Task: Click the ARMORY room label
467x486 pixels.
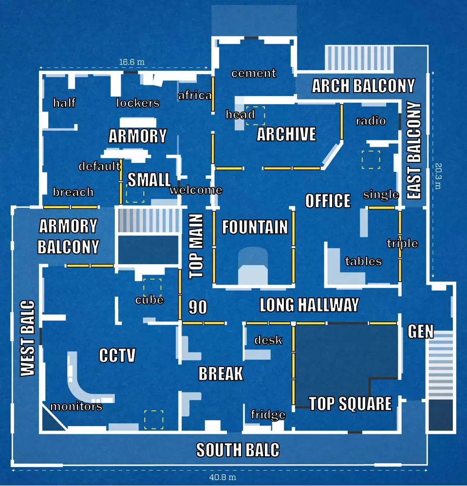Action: coord(138,136)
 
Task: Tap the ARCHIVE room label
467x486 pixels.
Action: coord(286,134)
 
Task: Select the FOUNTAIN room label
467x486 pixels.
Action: coord(255,227)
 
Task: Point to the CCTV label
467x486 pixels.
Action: coord(117,355)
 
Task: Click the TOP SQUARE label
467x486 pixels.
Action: coord(350,404)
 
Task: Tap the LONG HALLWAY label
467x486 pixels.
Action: coord(309,305)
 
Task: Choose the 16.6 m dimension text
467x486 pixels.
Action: coord(132,62)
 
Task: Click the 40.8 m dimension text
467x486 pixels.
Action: coord(223,477)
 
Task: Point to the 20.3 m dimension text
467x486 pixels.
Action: coord(438,176)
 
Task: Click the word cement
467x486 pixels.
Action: coord(254,74)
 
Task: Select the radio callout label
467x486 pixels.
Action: coord(371,120)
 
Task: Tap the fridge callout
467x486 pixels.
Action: coord(268,414)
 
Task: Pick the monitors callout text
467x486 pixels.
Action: coord(76,407)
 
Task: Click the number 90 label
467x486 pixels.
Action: coord(198,307)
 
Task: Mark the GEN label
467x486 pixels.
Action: coord(421,331)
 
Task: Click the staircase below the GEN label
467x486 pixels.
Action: coord(440,365)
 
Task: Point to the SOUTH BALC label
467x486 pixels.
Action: coord(238,450)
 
